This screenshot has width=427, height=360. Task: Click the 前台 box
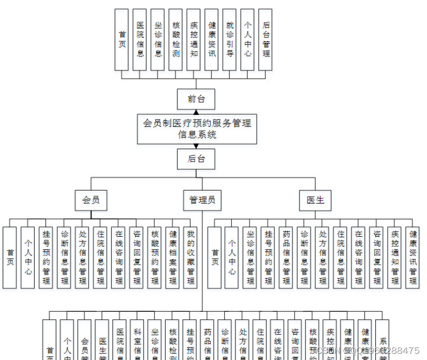196,99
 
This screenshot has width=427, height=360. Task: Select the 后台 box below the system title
196,159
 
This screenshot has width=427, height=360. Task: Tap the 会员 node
91,200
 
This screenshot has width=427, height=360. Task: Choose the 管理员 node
202,200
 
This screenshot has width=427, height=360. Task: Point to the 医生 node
315,200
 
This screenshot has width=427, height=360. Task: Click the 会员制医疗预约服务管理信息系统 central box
197,129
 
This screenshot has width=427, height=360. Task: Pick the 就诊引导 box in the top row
230,39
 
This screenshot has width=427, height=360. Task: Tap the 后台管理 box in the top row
266,39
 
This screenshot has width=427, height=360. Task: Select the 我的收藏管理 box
190,257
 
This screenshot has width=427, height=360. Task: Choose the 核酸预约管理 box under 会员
154,257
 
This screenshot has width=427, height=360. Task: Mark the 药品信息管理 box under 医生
286,257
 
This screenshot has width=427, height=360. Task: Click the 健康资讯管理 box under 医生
413,257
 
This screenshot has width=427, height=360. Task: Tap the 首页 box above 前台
122,39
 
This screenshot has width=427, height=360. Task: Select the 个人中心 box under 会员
27,257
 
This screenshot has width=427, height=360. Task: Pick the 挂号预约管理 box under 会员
46,257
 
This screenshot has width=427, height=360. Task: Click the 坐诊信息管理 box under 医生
250,257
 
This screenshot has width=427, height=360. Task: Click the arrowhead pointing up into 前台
196,112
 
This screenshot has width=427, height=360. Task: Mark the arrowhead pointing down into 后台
196,146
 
